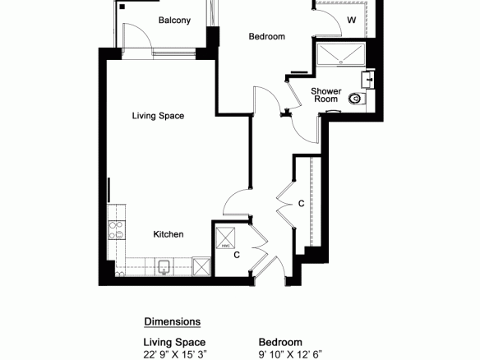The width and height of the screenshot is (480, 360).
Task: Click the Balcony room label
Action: (x=174, y=21)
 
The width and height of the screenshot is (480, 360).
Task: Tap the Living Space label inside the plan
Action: (x=158, y=116)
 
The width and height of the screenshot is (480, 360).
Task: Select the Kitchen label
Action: (x=168, y=234)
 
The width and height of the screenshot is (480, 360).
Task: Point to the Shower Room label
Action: (x=326, y=95)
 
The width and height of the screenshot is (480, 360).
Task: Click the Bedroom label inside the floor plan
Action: (x=267, y=36)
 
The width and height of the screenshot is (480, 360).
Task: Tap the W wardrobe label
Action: (x=352, y=20)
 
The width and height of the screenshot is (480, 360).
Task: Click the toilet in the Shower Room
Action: (x=358, y=99)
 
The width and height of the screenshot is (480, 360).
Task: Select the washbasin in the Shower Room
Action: (x=367, y=79)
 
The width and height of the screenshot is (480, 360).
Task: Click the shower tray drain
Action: (x=341, y=62)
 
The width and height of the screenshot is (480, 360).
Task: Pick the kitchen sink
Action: (x=164, y=268)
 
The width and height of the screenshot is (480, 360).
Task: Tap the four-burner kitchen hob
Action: (x=117, y=230)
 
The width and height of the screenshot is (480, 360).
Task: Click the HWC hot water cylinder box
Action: (x=225, y=238)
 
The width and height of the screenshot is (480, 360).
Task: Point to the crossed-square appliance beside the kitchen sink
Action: (x=201, y=266)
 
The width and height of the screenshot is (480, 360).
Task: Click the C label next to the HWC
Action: (x=237, y=255)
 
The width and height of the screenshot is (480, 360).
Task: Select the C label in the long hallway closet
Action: (x=301, y=204)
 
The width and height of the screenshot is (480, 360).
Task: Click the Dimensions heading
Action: (x=173, y=321)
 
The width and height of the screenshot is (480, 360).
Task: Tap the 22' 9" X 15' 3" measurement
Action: (x=175, y=354)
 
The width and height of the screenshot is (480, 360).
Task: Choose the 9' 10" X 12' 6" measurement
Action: (x=290, y=354)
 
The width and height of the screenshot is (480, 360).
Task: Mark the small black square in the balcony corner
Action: (x=122, y=7)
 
